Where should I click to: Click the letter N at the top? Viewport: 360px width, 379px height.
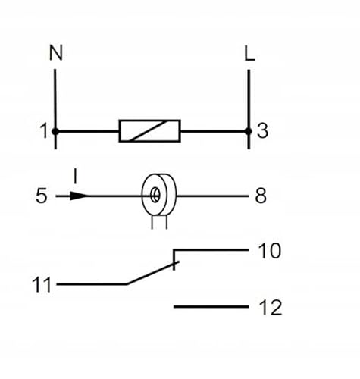tap(55, 52)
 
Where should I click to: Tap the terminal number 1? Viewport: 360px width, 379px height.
tap(42, 131)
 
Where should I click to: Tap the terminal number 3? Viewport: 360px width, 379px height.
tap(263, 131)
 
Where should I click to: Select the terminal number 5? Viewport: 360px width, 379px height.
tap(42, 196)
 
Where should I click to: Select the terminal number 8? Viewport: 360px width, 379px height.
tap(261, 196)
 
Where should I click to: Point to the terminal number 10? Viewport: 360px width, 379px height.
tap(269, 251)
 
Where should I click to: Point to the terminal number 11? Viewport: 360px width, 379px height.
tap(42, 286)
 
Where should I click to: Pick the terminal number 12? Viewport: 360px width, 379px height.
tap(269, 307)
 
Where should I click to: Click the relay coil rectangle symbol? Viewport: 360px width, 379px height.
tap(150, 130)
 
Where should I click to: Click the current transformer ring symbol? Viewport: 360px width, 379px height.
tap(155, 195)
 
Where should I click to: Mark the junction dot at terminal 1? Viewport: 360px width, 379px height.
tap(55, 131)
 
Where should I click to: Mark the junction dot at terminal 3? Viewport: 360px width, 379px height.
tap(249, 131)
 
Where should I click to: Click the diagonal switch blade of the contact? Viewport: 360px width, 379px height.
tap(152, 274)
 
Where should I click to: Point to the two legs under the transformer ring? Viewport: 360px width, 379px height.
tap(157, 221)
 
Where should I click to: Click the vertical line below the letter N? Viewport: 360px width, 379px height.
tap(55, 99)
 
